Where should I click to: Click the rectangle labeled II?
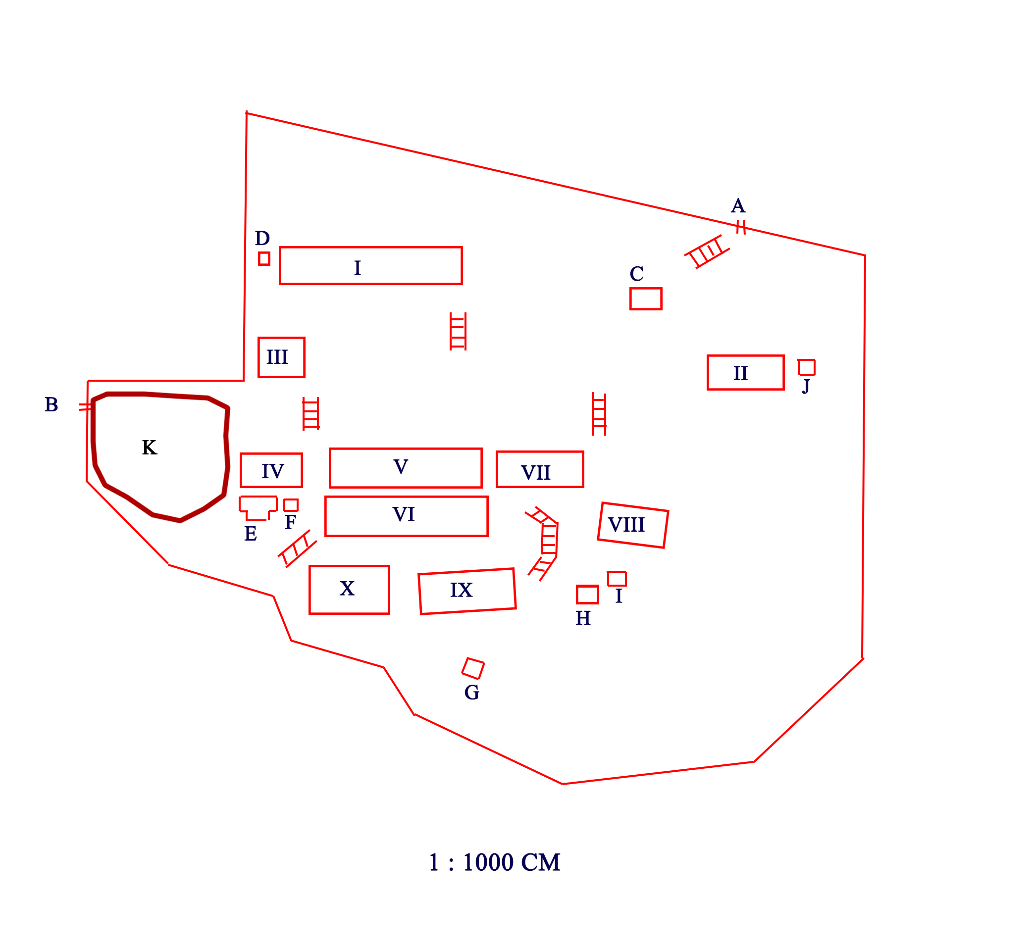coord(745,373)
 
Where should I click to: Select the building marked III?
coord(281,357)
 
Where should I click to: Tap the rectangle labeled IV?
coord(271,470)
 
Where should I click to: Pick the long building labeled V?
coord(406,468)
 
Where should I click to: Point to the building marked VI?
coord(406,516)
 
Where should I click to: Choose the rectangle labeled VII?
coord(540,469)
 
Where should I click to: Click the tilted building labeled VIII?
coord(633,525)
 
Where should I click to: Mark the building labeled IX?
coord(467,591)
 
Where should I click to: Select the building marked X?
coord(349,589)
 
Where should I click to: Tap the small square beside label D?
coord(264,258)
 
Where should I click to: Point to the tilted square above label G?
coord(473,668)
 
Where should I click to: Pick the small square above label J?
coord(806,367)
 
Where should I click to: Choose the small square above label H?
coord(587,595)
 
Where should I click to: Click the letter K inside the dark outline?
coord(149,448)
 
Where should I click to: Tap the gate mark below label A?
coord(740,227)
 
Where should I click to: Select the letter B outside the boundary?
coord(52,404)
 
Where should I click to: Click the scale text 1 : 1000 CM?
coord(494,862)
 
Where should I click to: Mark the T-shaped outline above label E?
coord(258,506)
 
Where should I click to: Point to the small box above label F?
coord(291,505)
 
